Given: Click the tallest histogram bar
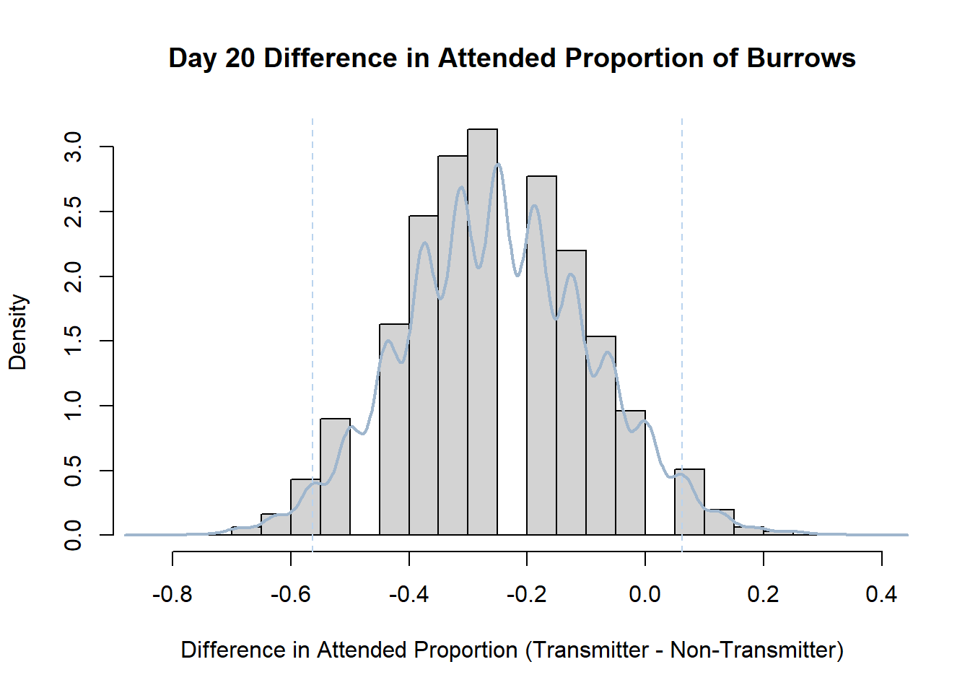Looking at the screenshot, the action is [482, 332].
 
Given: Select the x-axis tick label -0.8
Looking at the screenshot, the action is [172, 594].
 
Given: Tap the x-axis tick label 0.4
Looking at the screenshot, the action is [882, 594].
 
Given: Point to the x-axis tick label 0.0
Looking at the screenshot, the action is [645, 594].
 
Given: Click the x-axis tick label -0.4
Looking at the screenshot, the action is [408, 594].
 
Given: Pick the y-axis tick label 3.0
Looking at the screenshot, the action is [73, 147].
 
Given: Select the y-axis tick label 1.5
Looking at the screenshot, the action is [73, 341].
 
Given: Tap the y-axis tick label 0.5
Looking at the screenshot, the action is [73, 471].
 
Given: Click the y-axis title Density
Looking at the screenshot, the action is [18, 332].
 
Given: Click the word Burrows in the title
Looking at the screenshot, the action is [801, 58].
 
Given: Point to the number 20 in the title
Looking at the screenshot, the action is [240, 58].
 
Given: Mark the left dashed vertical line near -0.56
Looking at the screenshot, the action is [313, 335].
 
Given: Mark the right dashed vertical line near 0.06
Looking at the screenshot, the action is [682, 335].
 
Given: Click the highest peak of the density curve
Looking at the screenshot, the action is [499, 164].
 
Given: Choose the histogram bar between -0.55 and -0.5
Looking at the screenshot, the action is [335, 477].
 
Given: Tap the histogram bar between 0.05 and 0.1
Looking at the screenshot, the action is [689, 502].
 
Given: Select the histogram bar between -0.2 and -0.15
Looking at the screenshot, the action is [542, 356].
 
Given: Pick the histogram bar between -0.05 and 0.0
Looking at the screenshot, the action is [631, 473].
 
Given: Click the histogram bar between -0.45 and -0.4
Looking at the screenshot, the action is [394, 430].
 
